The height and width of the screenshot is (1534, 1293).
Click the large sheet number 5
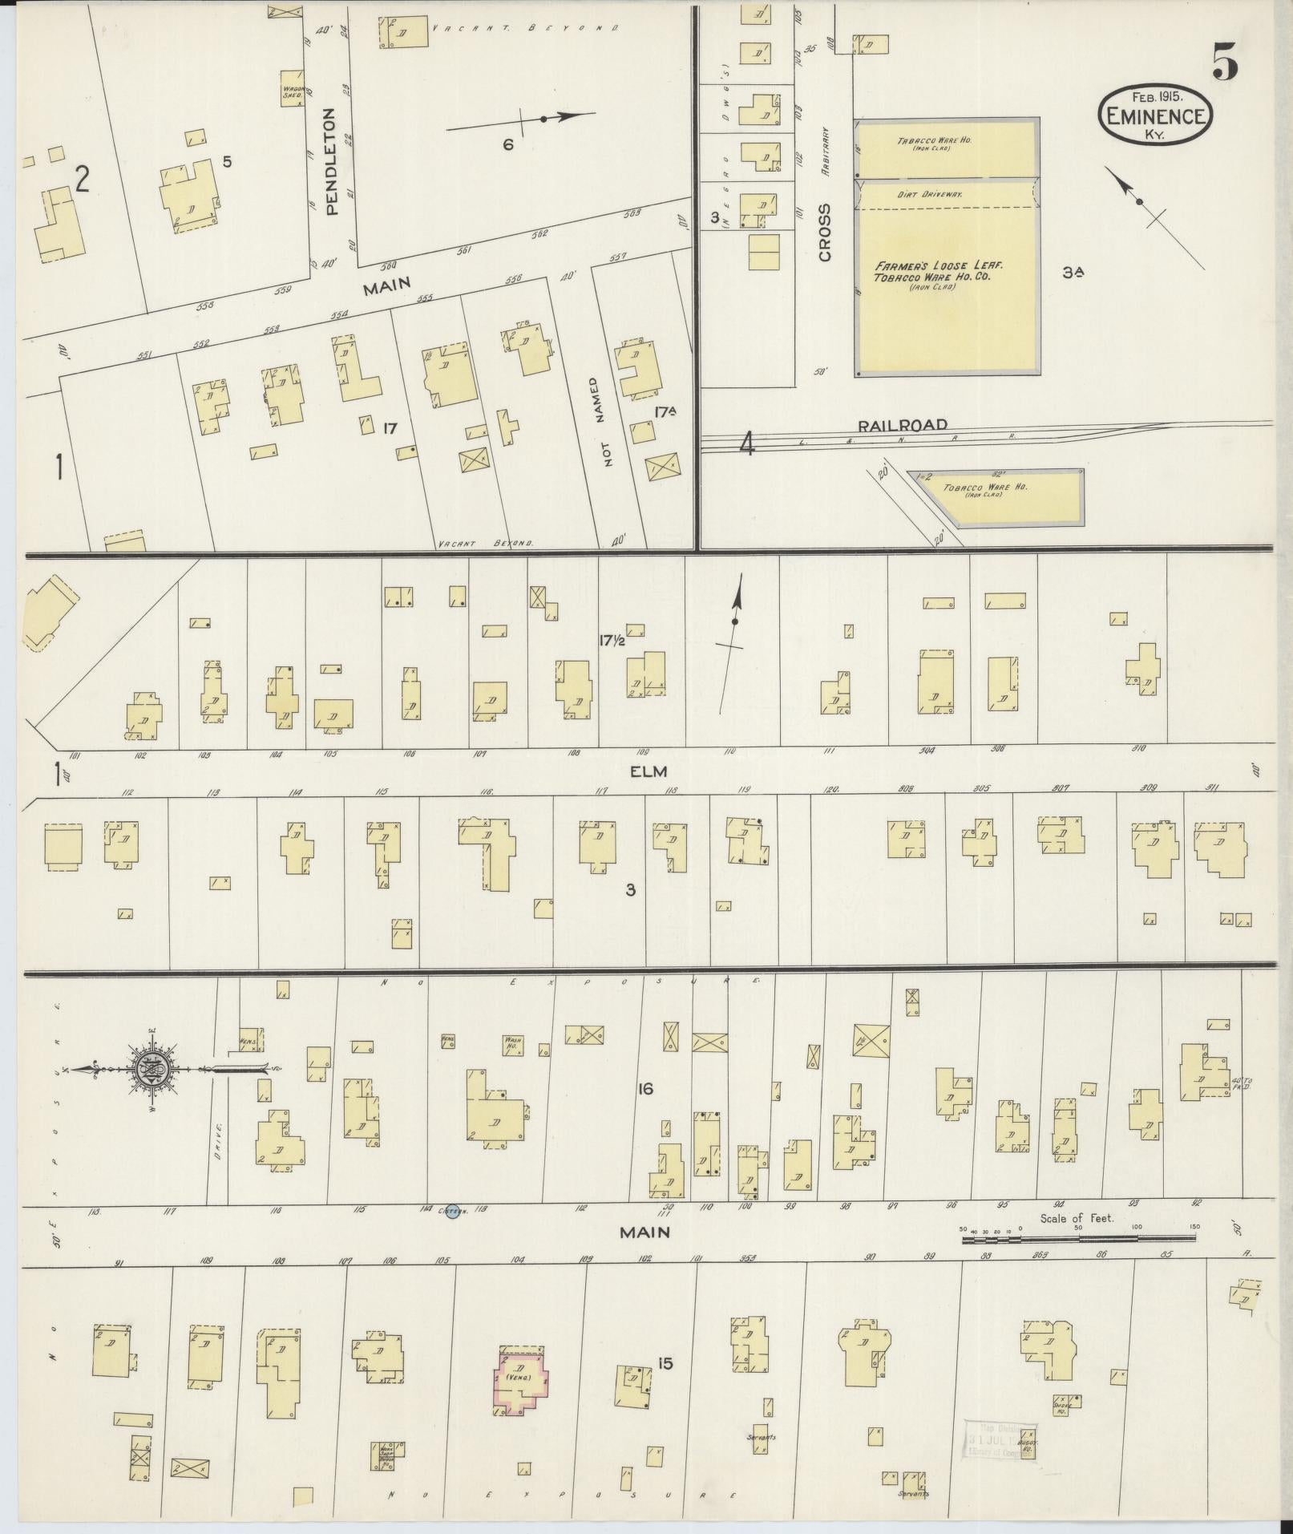(1224, 62)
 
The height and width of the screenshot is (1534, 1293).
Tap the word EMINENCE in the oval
(1154, 116)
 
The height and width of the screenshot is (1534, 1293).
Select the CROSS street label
(824, 233)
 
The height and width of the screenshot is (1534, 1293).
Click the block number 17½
(612, 640)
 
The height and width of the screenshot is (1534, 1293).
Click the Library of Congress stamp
(1000, 1440)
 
